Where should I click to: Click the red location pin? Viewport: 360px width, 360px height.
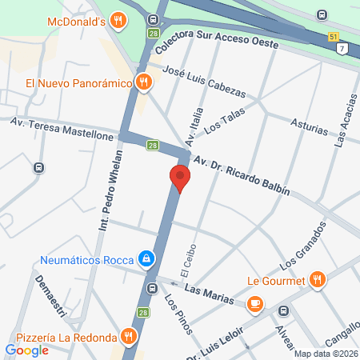(180, 178)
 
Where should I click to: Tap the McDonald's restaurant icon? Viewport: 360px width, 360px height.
(118, 20)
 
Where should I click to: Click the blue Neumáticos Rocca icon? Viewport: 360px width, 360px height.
(146, 259)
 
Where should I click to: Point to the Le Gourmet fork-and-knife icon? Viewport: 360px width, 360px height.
(318, 279)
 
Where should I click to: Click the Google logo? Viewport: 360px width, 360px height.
(26, 350)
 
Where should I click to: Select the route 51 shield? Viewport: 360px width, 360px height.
(334, 38)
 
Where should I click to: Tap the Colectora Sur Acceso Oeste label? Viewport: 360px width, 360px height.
(217, 45)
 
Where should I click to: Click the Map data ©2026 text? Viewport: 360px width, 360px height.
(326, 354)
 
